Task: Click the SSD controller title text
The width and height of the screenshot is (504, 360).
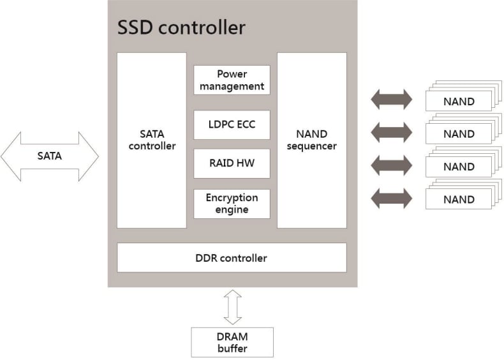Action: pyautogui.click(x=181, y=28)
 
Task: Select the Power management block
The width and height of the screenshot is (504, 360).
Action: pyautogui.click(x=232, y=80)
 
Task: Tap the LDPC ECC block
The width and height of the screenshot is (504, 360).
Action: pyautogui.click(x=232, y=124)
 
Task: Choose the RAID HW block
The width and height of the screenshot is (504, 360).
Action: pyautogui.click(x=232, y=163)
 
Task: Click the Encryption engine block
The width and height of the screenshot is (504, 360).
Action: pyautogui.click(x=232, y=204)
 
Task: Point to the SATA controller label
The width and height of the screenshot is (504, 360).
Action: pyautogui.click(x=152, y=140)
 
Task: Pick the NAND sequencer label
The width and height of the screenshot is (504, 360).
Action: pyautogui.click(x=311, y=140)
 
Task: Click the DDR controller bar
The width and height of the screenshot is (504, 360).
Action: pyautogui.click(x=231, y=258)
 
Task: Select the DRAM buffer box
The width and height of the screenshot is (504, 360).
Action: pyautogui.click(x=232, y=342)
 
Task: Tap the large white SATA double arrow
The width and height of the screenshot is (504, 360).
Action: pyautogui.click(x=50, y=155)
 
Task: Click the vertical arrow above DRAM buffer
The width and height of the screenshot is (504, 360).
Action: pyautogui.click(x=233, y=307)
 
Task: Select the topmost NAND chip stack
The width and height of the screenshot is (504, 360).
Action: pyautogui.click(x=459, y=100)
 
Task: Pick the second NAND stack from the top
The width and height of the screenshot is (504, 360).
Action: pyautogui.click(x=459, y=133)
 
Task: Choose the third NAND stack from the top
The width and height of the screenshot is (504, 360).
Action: pyautogui.click(x=459, y=165)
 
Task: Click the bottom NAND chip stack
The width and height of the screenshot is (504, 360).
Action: pyautogui.click(x=459, y=198)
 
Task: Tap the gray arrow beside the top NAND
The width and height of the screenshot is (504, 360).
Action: pyautogui.click(x=391, y=100)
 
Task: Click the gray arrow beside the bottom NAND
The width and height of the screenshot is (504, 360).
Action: pyautogui.click(x=391, y=197)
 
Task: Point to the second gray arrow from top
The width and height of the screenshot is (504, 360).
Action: pyautogui.click(x=391, y=132)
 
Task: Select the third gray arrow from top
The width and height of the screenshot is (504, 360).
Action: pyautogui.click(x=391, y=165)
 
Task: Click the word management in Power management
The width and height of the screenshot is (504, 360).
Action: pyautogui.click(x=232, y=86)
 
